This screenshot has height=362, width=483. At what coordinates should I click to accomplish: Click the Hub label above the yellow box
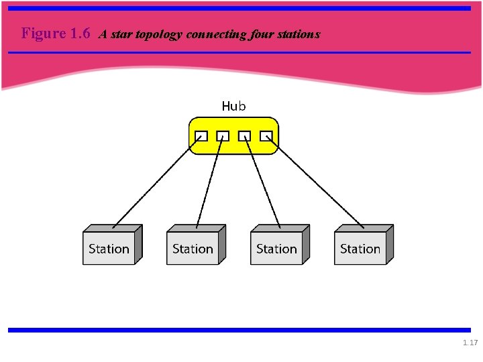pos(233,106)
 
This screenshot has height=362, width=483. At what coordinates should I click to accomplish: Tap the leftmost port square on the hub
pos(201,136)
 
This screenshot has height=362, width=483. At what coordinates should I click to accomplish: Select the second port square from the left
pos(223,136)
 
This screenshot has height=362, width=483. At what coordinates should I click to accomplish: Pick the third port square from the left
pos(245,136)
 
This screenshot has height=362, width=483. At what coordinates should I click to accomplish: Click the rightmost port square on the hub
pos(266,136)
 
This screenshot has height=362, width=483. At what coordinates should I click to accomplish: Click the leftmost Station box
pos(109,249)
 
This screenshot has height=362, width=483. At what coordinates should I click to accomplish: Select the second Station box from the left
pos(193,249)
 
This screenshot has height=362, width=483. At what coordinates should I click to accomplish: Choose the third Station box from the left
pos(276,249)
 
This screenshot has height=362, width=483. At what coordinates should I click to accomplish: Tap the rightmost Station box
pos(360,249)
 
